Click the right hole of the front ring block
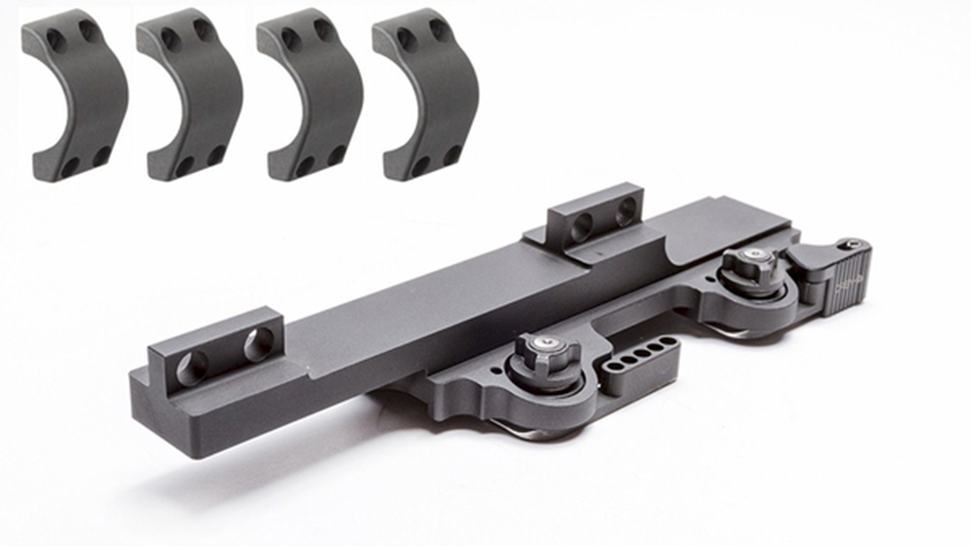click(x=259, y=344)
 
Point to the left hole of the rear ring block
click(x=581, y=226)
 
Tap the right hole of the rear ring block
click(x=626, y=210)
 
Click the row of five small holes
click(x=636, y=355)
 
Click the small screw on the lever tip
click(x=854, y=243)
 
